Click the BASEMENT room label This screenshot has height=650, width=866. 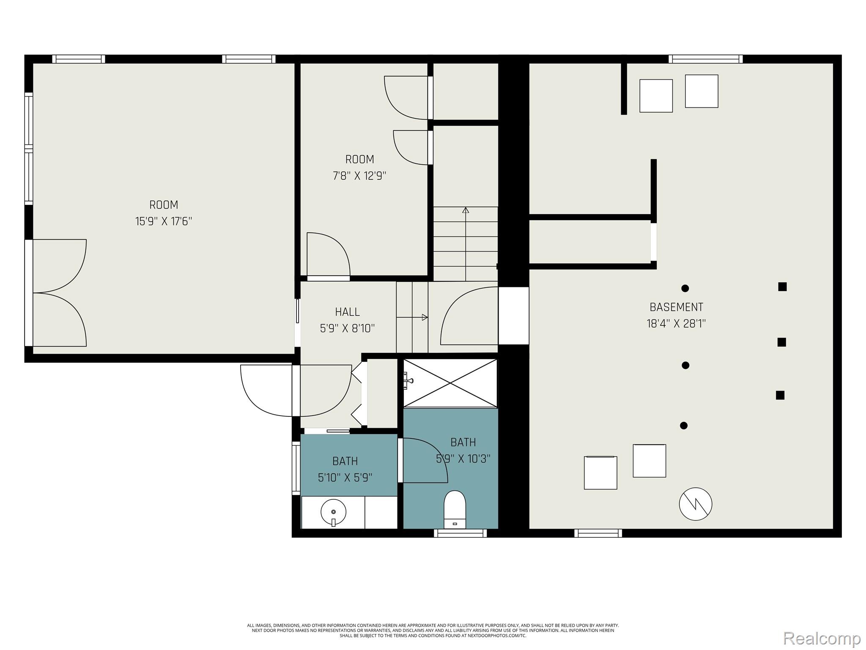pyautogui.click(x=677, y=307)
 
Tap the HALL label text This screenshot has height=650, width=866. pyautogui.click(x=348, y=312)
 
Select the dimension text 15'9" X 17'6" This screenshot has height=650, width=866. pyautogui.click(x=164, y=221)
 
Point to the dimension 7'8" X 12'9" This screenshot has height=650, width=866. pyautogui.click(x=360, y=176)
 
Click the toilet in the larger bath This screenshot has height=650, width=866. pyautogui.click(x=455, y=510)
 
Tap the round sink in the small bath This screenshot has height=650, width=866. pyautogui.click(x=333, y=512)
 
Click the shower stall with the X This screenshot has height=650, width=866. pyautogui.click(x=450, y=383)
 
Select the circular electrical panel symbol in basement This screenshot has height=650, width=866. pyautogui.click(x=696, y=504)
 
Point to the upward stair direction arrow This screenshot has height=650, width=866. pyautogui.click(x=466, y=244)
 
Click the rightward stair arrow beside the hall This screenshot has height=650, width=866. pyautogui.click(x=412, y=317)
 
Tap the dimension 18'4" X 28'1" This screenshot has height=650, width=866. pyautogui.click(x=677, y=324)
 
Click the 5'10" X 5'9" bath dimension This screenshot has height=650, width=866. pyautogui.click(x=345, y=478)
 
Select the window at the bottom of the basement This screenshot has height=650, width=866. pyautogui.click(x=598, y=533)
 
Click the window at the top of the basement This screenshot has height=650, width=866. pyautogui.click(x=706, y=59)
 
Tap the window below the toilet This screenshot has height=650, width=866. pyautogui.click(x=460, y=533)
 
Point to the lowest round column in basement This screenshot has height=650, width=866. pyautogui.click(x=684, y=426)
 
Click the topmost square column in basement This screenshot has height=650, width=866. pyautogui.click(x=782, y=287)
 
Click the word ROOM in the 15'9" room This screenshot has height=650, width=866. pyautogui.click(x=164, y=205)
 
